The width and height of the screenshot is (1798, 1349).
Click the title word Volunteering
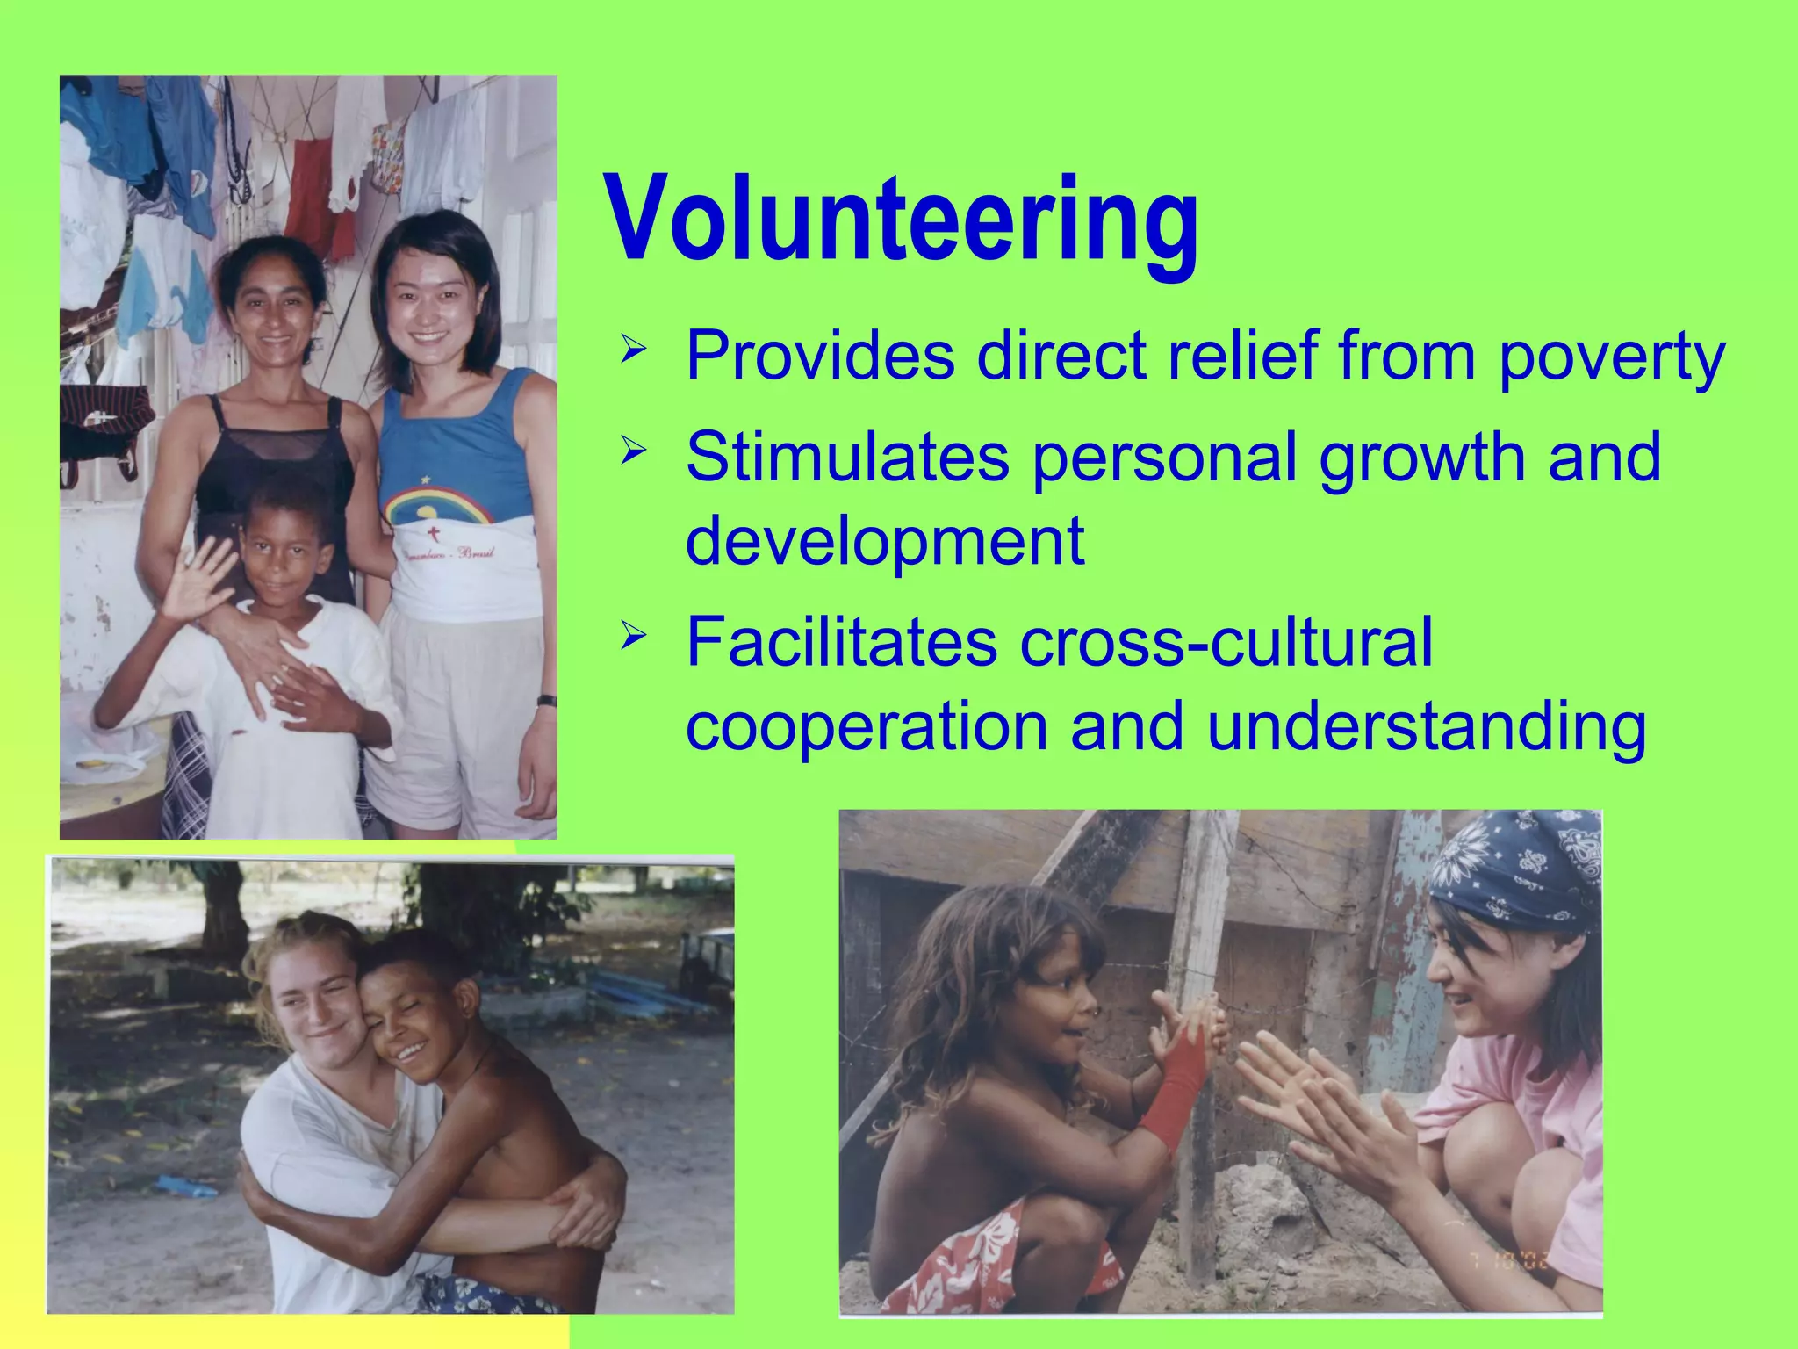point(903,220)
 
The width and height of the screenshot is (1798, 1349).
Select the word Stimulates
point(847,457)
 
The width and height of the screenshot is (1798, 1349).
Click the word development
point(885,541)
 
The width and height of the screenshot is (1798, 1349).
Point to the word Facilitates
point(841,641)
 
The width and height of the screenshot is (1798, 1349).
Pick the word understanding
point(1427,727)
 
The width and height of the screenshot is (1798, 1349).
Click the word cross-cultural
point(1226,641)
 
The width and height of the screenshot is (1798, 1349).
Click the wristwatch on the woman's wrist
point(546,701)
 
